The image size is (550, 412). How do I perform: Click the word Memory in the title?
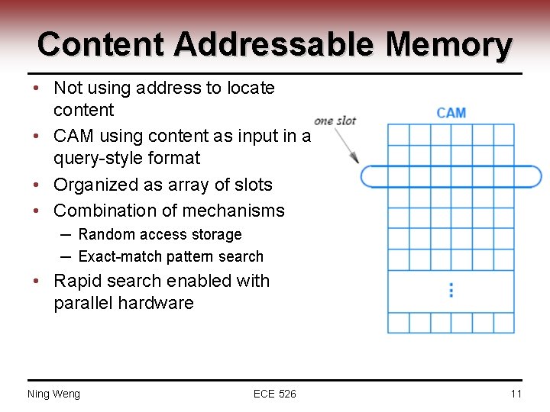point(448,44)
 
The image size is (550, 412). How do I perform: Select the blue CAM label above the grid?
point(451,113)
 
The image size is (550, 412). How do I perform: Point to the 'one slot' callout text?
point(335,121)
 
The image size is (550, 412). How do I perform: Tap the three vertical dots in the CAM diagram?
point(451,290)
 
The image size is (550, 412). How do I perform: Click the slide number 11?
point(516,394)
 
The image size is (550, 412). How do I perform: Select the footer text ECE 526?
point(275,394)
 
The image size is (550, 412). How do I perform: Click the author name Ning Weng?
point(53,394)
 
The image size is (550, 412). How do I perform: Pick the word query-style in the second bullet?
point(89,159)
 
